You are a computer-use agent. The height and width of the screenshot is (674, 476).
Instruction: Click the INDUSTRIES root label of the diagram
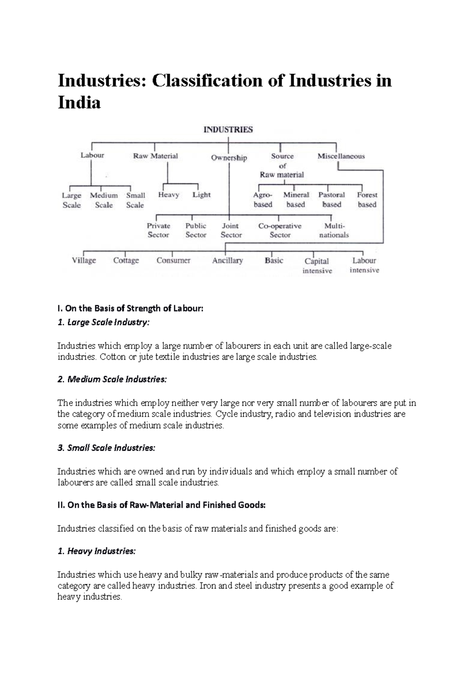(228, 130)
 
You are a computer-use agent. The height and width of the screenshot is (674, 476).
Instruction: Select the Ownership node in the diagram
(229, 158)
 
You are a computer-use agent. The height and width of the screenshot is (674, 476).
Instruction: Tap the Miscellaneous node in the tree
(341, 156)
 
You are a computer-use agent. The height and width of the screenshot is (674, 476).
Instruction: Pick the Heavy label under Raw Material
(168, 195)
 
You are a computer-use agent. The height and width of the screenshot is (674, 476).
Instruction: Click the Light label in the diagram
(202, 195)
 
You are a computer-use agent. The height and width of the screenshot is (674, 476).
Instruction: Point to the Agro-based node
(263, 200)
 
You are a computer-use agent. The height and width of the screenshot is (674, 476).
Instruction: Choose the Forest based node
(367, 200)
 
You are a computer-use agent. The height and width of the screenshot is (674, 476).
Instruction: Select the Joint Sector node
(231, 230)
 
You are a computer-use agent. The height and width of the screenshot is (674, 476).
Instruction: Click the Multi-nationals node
(334, 230)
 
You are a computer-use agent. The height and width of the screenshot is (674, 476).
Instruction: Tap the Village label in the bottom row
(84, 261)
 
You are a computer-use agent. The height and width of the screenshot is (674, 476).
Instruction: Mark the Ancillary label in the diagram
(227, 261)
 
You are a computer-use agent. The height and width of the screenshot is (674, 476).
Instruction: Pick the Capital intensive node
(317, 266)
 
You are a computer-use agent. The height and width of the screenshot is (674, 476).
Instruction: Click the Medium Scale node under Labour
(104, 200)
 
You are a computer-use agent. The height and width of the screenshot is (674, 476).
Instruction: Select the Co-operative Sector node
(280, 230)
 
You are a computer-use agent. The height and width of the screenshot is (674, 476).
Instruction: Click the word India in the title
(79, 103)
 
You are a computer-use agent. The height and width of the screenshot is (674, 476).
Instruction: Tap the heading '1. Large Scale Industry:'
(104, 322)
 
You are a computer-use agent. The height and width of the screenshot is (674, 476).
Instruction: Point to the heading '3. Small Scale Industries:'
(106, 448)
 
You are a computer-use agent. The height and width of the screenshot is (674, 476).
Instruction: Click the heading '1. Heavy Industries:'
(96, 551)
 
